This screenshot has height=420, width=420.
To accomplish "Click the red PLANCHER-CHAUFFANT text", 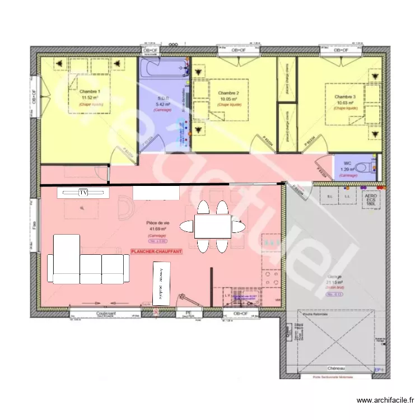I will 156,253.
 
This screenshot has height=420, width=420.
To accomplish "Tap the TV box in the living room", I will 83,193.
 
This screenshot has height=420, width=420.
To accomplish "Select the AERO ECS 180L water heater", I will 370,200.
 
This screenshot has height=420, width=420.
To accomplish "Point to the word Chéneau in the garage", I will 336,368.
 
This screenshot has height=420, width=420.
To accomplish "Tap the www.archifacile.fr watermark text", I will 386,400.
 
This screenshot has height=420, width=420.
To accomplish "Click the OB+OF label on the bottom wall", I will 241,314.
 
